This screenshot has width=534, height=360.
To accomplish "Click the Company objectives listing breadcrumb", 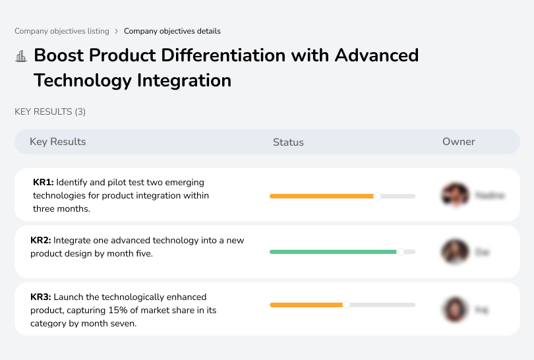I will coord(62,31).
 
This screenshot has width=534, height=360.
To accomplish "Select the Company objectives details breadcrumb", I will coord(172,31).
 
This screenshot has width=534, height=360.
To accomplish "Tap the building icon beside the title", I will coord(21,57).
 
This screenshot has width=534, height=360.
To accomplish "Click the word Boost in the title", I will coord(59,55).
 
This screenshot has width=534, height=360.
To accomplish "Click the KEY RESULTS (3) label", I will coord(50,112).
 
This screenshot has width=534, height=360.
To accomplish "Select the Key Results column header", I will coord(58,142).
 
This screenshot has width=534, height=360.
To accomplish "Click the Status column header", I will coord(288,142).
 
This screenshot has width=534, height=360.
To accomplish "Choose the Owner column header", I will coord(459,142).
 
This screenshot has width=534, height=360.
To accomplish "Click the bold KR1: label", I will coord(44,183).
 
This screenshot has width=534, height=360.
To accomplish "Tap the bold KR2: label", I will coord(41,241).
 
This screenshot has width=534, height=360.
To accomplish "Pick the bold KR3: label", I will coord(41,297).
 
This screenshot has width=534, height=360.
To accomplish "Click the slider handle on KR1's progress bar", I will coord(377,196).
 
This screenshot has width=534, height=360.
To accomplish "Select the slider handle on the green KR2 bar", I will coord(400,252).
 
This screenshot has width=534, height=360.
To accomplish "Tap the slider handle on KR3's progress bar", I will coord(346,305).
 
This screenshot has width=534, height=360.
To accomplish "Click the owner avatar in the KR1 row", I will coord(455,195).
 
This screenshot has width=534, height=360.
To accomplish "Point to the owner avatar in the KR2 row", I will coord(455,252).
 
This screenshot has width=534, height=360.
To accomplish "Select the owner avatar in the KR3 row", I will coord(455,309).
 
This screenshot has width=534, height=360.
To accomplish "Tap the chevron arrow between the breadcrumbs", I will coord(117,31).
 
